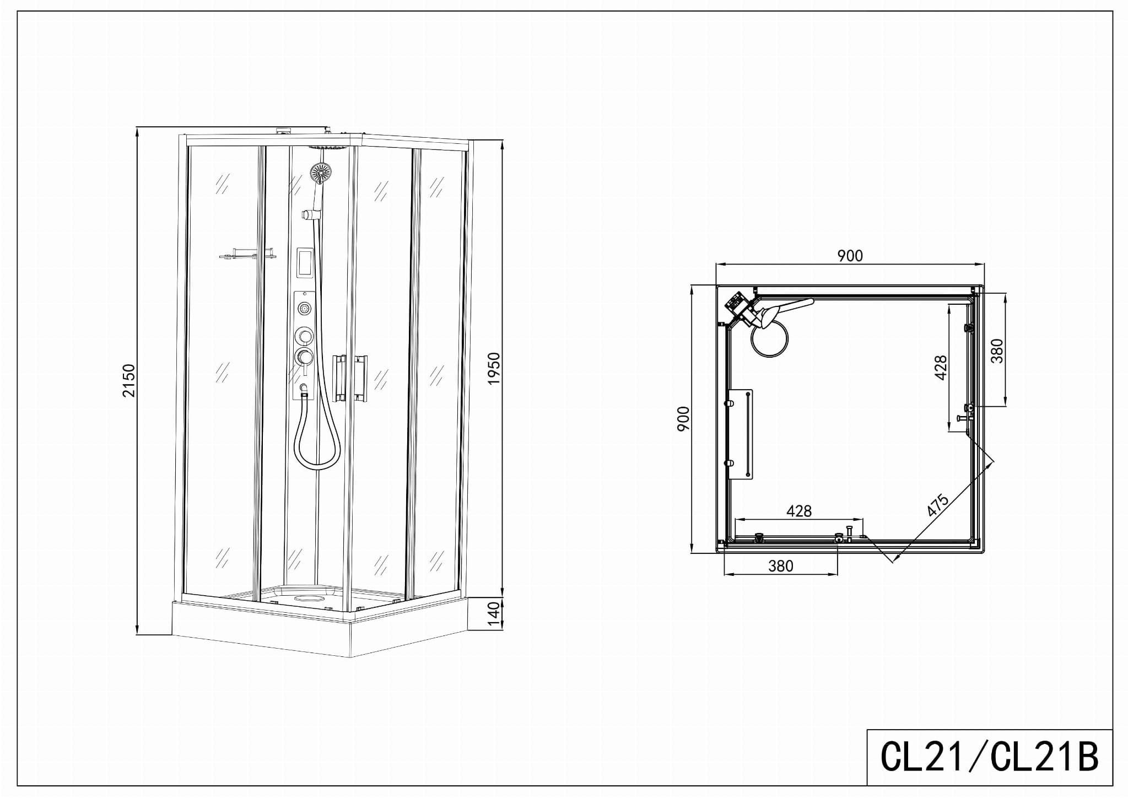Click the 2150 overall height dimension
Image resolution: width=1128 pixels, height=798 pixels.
128,380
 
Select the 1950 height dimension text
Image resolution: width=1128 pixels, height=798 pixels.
494,369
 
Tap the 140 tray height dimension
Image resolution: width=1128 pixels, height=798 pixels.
494,613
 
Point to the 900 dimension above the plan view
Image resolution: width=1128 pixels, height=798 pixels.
850,256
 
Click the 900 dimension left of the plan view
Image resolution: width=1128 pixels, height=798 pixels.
683,419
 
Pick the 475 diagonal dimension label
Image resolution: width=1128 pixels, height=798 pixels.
938,505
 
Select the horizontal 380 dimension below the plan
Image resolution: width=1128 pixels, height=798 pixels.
780,566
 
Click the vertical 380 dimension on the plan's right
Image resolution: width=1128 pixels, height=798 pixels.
998,351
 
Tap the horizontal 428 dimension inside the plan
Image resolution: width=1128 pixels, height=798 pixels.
798,511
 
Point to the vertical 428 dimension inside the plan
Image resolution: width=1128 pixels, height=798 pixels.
941,368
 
